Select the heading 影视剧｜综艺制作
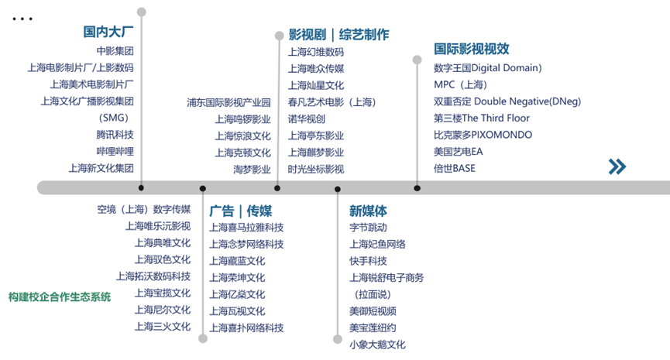coord(338,35)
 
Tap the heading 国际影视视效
coord(471,48)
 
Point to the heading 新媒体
coord(368,211)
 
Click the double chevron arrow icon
coord(617,166)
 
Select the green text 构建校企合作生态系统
coord(59,297)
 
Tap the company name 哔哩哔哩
coord(115,151)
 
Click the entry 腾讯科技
coord(115,134)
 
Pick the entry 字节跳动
coord(368,228)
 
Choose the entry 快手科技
coord(368,261)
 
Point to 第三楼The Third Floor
coord(481,118)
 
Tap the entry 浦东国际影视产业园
coord(228,102)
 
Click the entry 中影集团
coord(115,51)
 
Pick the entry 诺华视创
coord(307,118)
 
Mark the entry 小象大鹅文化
coord(377,345)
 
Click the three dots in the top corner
coord(22,17)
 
